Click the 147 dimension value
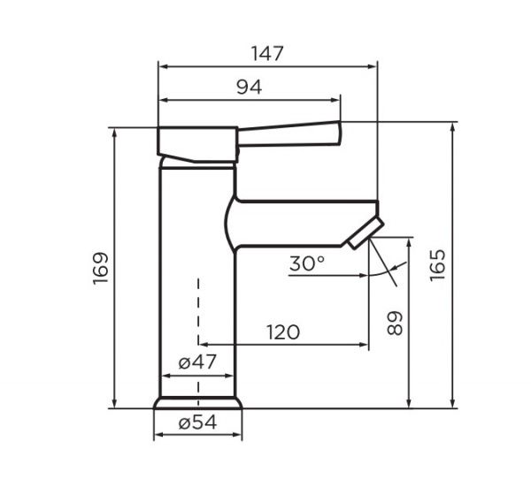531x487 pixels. pos(267,54)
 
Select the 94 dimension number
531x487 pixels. pos(250,88)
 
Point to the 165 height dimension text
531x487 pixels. pos(437,265)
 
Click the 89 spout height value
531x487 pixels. pos(395,323)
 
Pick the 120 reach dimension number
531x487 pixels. pos(283,332)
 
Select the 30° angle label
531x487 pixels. pos(307,263)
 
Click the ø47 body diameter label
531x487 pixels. pos(197,362)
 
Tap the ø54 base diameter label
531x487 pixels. pos(197,422)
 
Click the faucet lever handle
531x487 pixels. pos(289,134)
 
